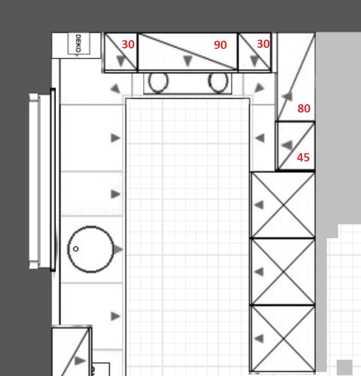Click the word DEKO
pyautogui.click(x=78, y=43)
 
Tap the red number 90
pyautogui.click(x=220, y=45)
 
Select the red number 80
pyautogui.click(x=304, y=109)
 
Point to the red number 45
pyautogui.click(x=303, y=158)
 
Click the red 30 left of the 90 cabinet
pyautogui.click(x=128, y=45)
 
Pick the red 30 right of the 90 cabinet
pyautogui.click(x=263, y=44)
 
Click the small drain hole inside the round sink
pyautogui.click(x=75, y=249)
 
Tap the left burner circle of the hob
pyautogui.click(x=159, y=82)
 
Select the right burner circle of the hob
pyautogui.click(x=218, y=82)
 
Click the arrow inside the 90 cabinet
pyautogui.click(x=188, y=61)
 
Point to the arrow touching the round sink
pyautogui.click(x=118, y=249)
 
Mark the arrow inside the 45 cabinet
pyautogui.click(x=287, y=145)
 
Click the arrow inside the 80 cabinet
pyautogui.click(x=287, y=97)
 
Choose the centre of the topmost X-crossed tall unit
pyautogui.click(x=283, y=205)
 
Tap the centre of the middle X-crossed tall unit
pyautogui.click(x=283, y=272)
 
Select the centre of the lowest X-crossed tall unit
pyautogui.click(x=283, y=339)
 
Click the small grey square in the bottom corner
pyautogui.click(x=345, y=367)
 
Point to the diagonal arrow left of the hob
pyautogui.click(x=116, y=88)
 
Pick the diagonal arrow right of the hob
pyautogui.click(x=259, y=88)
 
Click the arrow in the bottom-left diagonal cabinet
pyautogui.click(x=80, y=361)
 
